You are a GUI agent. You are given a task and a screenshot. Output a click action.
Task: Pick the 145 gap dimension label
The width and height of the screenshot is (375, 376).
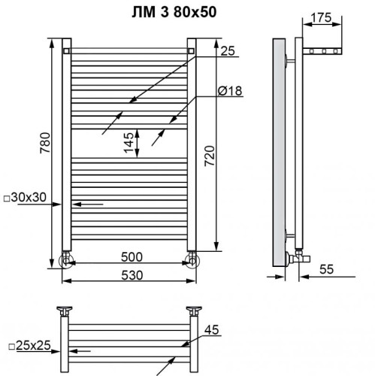[129, 141]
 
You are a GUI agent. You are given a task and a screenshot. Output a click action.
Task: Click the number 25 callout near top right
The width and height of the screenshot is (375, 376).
[228, 51]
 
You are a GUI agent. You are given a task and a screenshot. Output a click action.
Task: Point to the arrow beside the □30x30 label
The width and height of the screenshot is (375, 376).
[89, 203]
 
